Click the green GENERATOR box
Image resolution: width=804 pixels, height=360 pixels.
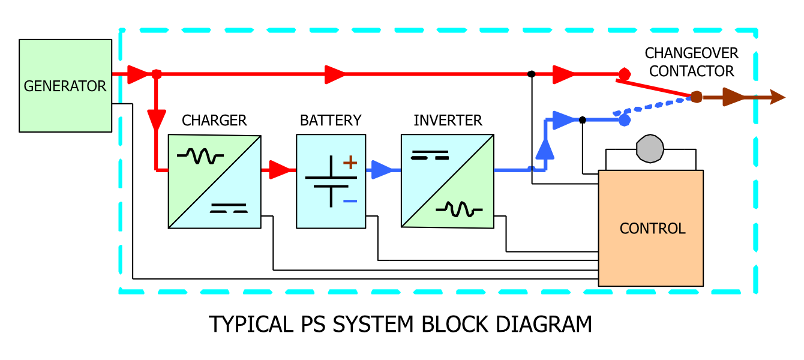65,86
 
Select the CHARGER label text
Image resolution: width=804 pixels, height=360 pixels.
214,121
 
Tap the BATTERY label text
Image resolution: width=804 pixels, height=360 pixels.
331,121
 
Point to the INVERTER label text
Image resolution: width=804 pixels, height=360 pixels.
448,121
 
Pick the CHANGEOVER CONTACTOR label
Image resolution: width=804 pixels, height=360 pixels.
691,62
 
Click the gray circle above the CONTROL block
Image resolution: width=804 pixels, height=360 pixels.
650,148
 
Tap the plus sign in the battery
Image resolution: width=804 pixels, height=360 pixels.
350,162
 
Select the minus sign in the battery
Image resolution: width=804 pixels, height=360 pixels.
350,201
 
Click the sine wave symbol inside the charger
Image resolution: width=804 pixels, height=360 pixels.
200,157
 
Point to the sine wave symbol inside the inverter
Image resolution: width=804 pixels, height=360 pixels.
459,209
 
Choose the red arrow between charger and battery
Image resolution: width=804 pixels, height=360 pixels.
279,170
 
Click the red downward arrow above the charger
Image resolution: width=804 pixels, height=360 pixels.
157,120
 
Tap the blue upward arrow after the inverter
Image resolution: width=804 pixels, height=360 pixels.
545,148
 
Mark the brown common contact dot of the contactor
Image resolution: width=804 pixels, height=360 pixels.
697,97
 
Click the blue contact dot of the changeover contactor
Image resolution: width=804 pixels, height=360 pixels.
624,120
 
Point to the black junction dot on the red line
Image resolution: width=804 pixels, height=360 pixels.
531,74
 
